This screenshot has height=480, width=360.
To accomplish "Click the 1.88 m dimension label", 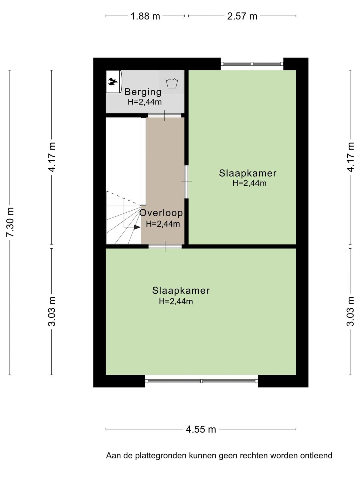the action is (145, 16).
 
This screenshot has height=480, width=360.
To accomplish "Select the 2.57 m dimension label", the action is (242, 16).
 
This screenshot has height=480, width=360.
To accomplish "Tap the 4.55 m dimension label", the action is (201, 430).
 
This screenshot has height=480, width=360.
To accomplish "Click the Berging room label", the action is (143, 92).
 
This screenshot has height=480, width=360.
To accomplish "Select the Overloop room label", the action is (161, 213).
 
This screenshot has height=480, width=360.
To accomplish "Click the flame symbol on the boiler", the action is (113, 82).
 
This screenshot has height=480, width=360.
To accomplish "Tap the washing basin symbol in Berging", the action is (172, 83).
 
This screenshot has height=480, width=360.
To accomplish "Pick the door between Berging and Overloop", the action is (165, 115).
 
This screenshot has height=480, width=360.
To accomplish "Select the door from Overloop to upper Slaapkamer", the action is (186, 182).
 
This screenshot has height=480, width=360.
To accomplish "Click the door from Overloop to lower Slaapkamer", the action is (165, 247).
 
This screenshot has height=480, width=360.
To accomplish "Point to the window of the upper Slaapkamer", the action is (252, 64).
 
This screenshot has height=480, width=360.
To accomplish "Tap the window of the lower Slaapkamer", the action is (201, 381).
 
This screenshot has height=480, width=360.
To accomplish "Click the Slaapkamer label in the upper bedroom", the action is (248, 173).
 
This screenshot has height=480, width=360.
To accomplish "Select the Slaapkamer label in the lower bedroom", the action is (181, 290).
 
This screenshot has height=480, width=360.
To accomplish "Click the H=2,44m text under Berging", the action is (145, 102).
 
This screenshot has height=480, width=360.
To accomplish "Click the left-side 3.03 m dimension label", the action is (52, 312).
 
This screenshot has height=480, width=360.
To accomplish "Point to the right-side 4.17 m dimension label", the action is (350, 157).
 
